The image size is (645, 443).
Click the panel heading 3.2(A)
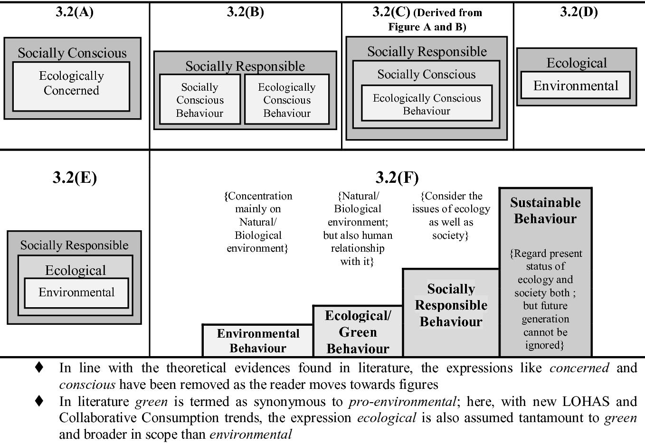click(x=75, y=12)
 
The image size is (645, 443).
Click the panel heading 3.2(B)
click(x=245, y=12)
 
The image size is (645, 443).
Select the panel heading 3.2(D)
click(x=579, y=12)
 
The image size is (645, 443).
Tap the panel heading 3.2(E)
click(x=75, y=178)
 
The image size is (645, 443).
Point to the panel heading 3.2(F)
click(x=397, y=178)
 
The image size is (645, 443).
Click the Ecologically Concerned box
click(x=71, y=86)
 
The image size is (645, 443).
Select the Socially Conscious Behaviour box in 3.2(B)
click(x=199, y=100)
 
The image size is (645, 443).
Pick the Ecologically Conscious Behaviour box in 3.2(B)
click(x=287, y=100)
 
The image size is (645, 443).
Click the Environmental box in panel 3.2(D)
click(x=576, y=85)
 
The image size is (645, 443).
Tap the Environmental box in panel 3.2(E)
click(x=76, y=292)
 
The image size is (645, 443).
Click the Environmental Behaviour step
click(x=258, y=340)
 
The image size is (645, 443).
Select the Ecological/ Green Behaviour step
click(x=358, y=332)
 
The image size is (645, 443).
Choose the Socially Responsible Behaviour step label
click(x=451, y=305)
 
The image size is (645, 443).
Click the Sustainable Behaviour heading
click(x=545, y=210)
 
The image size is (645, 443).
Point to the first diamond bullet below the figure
click(x=39, y=367)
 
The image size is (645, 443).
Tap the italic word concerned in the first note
click(x=579, y=368)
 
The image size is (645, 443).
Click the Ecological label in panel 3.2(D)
click(x=577, y=63)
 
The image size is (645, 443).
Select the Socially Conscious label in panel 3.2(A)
click(x=72, y=53)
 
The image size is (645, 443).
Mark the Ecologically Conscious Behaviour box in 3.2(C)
click(x=427, y=104)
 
